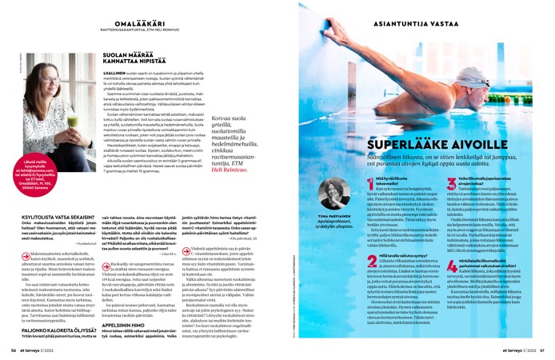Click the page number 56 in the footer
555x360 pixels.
point(13,350)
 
